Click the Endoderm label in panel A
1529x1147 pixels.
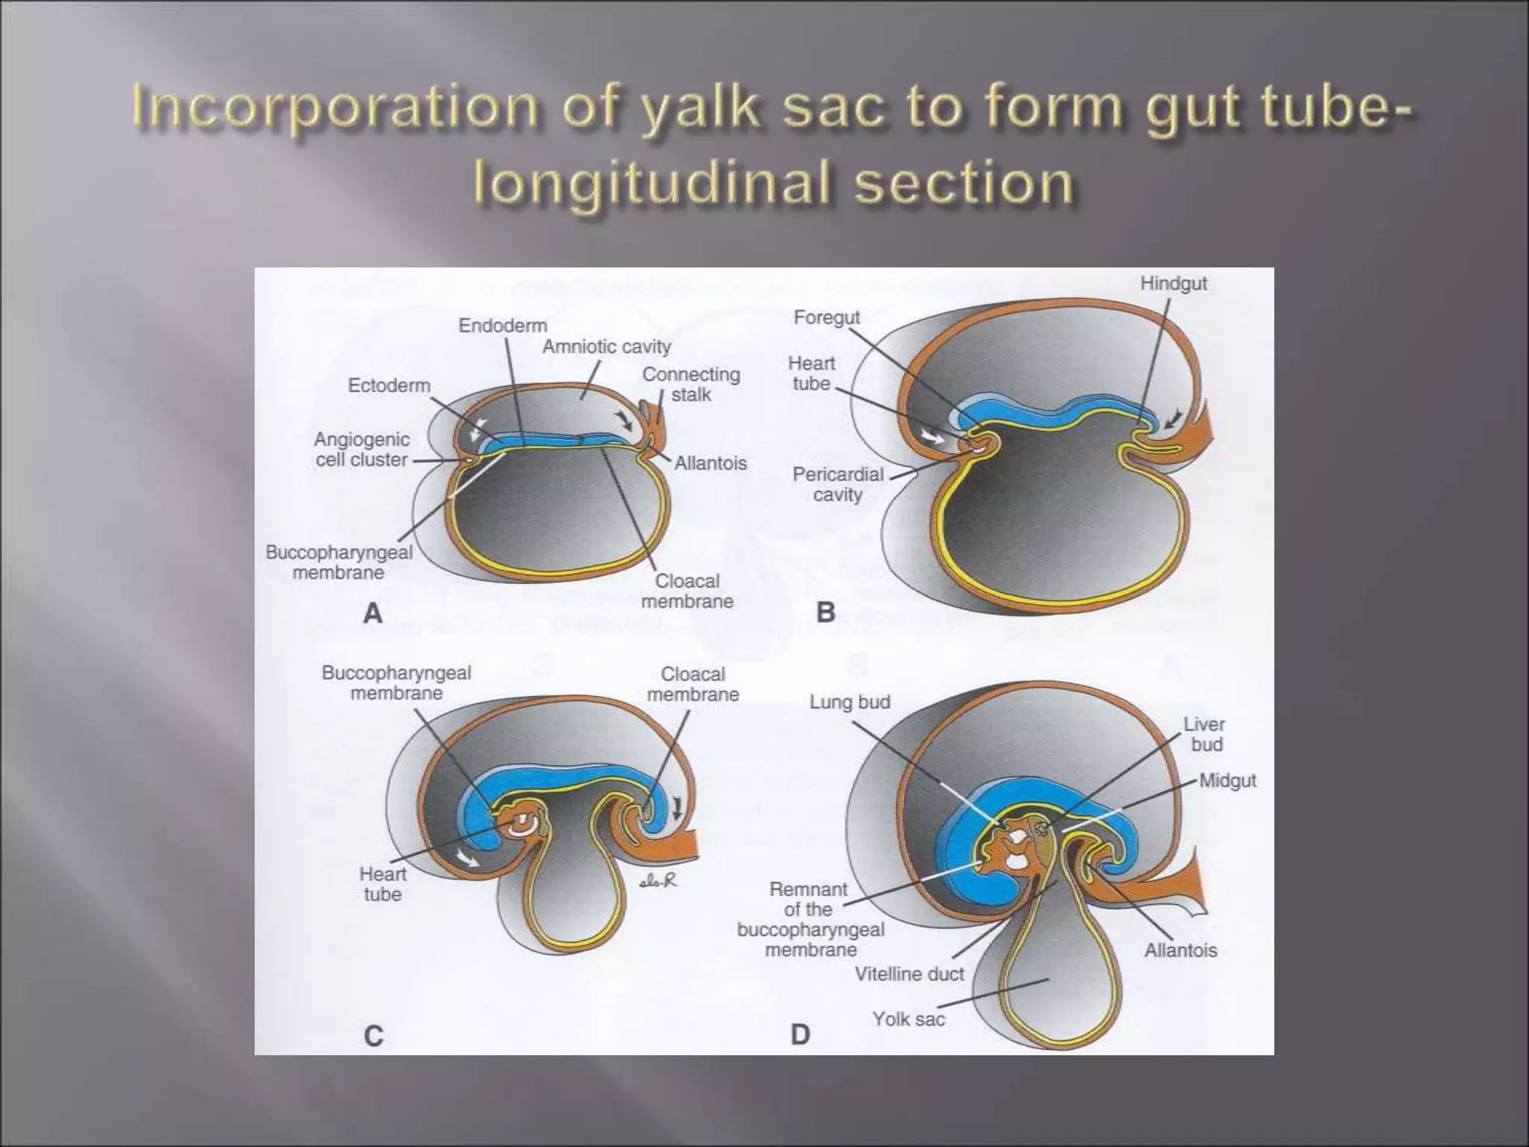tap(502, 326)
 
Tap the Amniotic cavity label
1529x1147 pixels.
tap(606, 346)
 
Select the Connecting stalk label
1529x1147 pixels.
tap(691, 384)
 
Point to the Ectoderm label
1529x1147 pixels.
tap(389, 385)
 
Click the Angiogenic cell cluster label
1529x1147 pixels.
tap(361, 450)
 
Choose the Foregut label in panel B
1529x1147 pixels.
tap(826, 317)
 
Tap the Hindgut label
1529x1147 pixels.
tap(1174, 284)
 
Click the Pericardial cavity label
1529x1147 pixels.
tap(838, 484)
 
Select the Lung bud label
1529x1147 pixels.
tap(850, 702)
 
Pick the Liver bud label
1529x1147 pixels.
tap(1203, 734)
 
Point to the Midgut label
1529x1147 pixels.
tap(1227, 780)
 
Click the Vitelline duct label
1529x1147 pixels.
tap(909, 974)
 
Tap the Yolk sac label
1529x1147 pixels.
tap(909, 1019)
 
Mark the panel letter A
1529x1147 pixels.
tap(373, 614)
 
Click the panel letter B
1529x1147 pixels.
tap(825, 613)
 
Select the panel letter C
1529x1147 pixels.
tap(373, 1036)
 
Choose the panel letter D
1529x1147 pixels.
tap(800, 1035)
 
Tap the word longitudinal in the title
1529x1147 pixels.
tap(651, 184)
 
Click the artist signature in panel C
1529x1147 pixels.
tap(658, 881)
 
